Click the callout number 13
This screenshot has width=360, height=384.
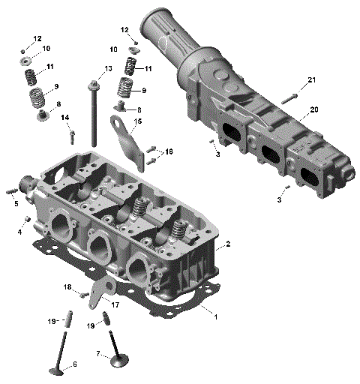click(108, 69)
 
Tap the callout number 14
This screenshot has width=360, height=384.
click(65, 118)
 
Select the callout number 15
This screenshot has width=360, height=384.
click(137, 121)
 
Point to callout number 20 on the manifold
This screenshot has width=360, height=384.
click(313, 109)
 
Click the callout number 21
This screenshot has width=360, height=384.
click(312, 80)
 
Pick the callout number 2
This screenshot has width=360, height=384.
click(228, 244)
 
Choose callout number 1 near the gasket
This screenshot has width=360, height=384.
click(216, 317)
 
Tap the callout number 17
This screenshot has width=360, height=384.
click(115, 304)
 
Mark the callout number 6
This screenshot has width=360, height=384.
click(74, 365)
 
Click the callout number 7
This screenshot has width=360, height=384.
click(98, 352)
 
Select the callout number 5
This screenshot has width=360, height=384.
click(14, 202)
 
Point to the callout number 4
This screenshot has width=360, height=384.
click(19, 232)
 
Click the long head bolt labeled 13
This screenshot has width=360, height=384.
click(94, 112)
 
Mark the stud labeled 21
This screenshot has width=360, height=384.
click(291, 95)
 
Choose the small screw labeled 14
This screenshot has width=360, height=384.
click(71, 136)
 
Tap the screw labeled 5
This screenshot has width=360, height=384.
click(12, 190)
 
